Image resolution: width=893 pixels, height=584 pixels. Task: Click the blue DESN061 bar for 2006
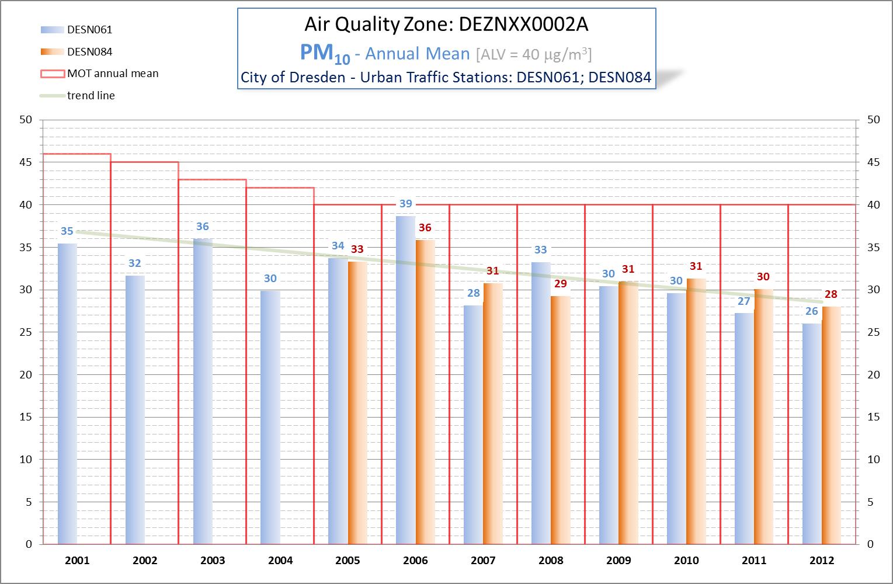pos(405,380)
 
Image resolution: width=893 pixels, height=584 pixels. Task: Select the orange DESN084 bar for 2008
pos(561,420)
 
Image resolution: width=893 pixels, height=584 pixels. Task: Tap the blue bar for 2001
pos(67,394)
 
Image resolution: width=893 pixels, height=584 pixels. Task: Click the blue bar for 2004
pos(270,417)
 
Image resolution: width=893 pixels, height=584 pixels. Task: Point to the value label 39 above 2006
pos(405,204)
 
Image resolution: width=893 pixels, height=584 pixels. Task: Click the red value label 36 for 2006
pos(425,228)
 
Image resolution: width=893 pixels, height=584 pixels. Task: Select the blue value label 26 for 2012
pos(812,311)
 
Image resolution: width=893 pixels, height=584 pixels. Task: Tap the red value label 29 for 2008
pos(560,284)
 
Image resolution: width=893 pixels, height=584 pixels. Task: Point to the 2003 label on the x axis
pos(213,561)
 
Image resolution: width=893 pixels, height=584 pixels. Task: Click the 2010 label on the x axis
pos(686,561)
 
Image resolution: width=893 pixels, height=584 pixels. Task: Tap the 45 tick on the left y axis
pos(26,162)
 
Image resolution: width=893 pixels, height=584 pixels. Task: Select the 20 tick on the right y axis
pos(873,375)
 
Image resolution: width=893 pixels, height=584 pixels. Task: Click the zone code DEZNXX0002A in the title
pos(524,25)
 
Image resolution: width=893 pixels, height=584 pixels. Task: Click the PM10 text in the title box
pos(325,54)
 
